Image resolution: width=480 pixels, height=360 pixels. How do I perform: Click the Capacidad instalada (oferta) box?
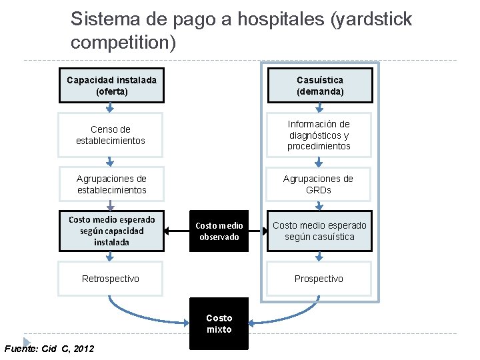(111, 85)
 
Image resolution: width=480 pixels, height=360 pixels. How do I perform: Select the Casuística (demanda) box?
(319, 85)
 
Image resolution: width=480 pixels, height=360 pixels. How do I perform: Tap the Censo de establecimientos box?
(111, 135)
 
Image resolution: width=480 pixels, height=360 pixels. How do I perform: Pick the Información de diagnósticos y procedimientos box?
(319, 135)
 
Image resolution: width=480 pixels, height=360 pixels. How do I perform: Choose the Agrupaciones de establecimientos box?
(111, 184)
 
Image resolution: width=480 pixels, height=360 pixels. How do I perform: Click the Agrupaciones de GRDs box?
(319, 184)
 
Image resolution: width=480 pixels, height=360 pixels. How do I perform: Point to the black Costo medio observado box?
(219, 231)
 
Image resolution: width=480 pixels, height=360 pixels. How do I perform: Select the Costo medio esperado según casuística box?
(319, 231)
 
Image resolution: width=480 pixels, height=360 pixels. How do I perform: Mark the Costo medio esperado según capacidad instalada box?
(111, 231)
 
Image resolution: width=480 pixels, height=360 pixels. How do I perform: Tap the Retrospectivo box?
(111, 279)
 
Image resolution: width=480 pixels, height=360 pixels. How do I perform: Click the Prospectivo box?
(319, 279)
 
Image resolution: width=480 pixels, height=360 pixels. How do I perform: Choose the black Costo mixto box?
(219, 324)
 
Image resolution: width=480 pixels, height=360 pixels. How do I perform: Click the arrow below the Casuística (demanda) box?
(319, 109)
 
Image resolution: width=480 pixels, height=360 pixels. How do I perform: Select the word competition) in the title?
(123, 43)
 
